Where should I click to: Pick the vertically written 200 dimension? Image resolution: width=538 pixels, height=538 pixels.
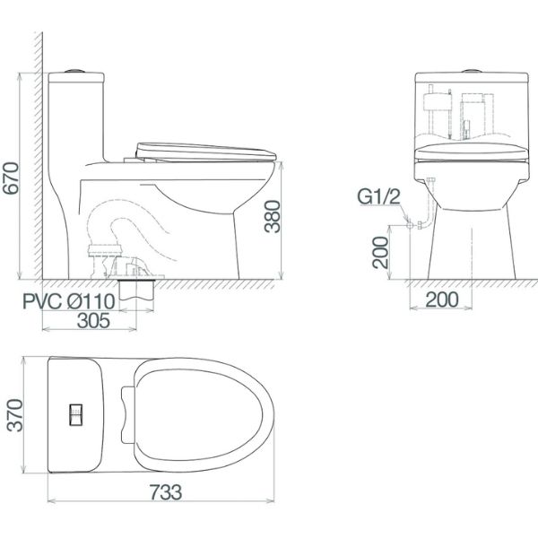point(380,250)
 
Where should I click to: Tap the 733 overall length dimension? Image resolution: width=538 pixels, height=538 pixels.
point(160,491)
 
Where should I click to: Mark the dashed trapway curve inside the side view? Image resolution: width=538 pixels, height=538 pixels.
point(134,224)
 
